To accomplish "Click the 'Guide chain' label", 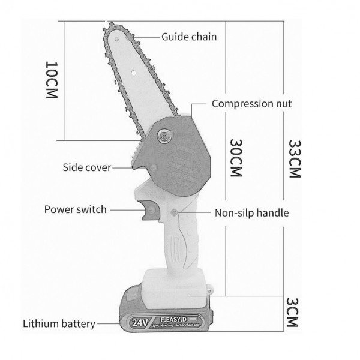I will click(x=189, y=37).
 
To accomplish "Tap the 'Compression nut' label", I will click(x=252, y=104).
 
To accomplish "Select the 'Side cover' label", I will click(x=87, y=167).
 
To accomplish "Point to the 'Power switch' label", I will click(x=76, y=209).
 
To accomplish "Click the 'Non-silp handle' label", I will click(x=252, y=212).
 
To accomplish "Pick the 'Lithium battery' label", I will click(x=59, y=324).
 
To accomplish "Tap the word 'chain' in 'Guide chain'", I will click(x=203, y=37).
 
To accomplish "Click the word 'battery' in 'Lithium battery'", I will click(x=79, y=324).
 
